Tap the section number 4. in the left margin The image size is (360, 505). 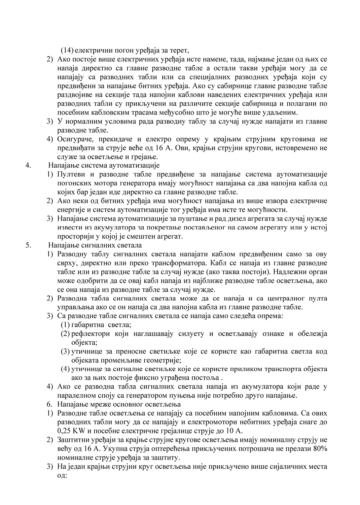[x=28, y=165]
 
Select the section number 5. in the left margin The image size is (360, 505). [x=28, y=245]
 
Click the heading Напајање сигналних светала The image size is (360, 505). [x=95, y=245]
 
